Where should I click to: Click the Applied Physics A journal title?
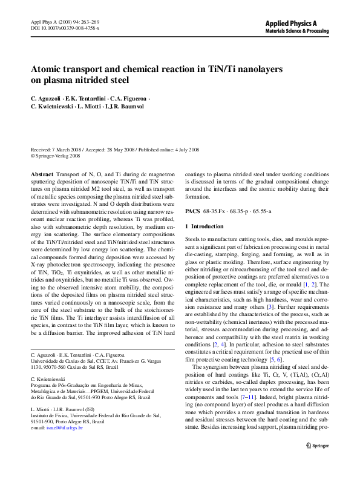coord(291,23)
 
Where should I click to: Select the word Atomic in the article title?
coord(48,69)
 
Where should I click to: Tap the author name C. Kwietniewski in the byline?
coord(51,106)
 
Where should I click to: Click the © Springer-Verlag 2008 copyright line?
coord(55,155)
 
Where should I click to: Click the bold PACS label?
coord(192,211)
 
